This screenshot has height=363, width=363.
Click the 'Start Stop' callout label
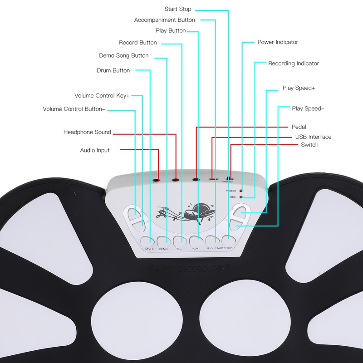click(178, 9)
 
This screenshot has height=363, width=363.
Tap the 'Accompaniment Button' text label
click(165, 20)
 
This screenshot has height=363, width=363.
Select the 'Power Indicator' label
click(278, 42)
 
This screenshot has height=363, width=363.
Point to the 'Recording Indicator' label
click(294, 64)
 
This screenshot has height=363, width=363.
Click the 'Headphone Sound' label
click(87, 132)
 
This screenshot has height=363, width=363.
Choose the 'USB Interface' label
click(313, 137)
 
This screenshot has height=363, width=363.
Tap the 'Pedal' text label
click(299, 127)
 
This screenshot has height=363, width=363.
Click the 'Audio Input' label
click(95, 150)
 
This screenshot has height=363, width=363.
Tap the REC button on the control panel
click(179, 241)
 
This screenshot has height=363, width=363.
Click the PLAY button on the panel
click(196, 241)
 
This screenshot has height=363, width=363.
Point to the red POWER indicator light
click(241, 191)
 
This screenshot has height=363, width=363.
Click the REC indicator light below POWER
click(241, 197)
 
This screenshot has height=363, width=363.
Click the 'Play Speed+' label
click(299, 88)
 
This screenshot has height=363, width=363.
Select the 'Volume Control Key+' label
click(102, 96)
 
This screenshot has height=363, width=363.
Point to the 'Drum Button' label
click(113, 70)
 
